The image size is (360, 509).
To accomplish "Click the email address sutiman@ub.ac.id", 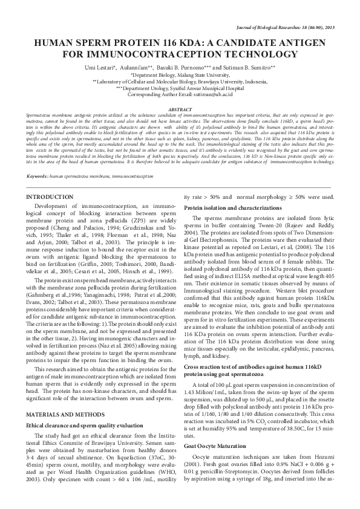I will click(212, 95).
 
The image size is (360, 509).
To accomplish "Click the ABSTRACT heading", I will click(180, 109).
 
